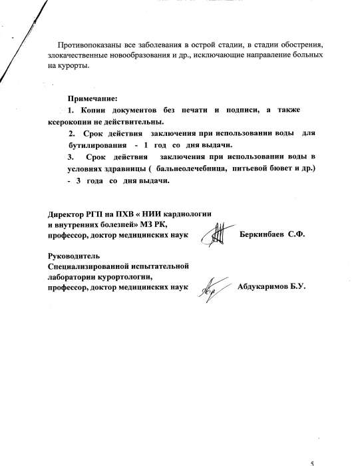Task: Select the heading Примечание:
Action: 91,98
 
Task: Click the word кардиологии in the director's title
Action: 186,214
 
